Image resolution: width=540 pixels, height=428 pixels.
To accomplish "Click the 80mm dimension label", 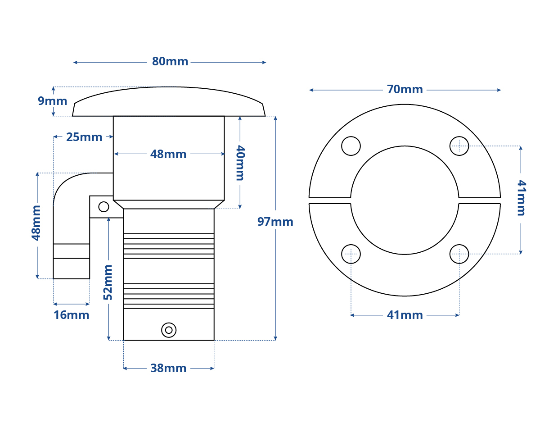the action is [x=170, y=62].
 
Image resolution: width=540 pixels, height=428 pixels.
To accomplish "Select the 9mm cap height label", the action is [x=53, y=101].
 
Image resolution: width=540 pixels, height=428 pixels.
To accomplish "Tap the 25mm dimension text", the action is [x=84, y=137].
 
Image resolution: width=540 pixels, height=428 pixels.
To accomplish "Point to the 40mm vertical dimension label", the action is [x=240, y=163].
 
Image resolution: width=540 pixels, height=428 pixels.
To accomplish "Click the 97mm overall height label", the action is [x=275, y=222].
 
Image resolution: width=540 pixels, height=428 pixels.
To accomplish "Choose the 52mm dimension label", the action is [x=108, y=282].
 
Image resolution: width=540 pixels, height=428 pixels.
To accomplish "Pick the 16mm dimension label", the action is [x=72, y=315].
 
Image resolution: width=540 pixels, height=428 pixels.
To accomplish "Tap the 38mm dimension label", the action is [x=168, y=369].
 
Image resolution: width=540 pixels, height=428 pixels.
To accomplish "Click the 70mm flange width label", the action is [x=405, y=90].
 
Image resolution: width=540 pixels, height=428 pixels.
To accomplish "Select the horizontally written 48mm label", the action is [x=168, y=155].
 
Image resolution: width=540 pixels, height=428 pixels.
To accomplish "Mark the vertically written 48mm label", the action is [x=36, y=223].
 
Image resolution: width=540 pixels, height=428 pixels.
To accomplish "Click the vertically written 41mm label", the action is [x=522, y=197].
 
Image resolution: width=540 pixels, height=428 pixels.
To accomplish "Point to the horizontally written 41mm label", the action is [x=405, y=315].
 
